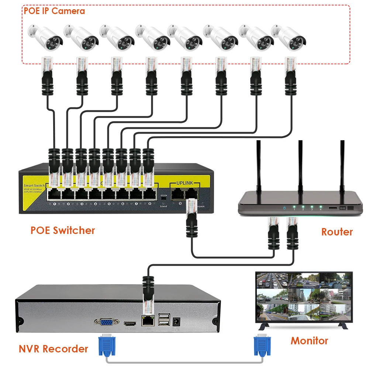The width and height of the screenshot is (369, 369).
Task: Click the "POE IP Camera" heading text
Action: (54, 11)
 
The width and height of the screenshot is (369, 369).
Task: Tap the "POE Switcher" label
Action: (62, 231)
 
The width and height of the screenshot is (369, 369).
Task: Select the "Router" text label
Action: (337, 232)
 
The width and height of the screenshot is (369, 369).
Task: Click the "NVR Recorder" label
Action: (53, 348)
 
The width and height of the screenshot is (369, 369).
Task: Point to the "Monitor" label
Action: (309, 340)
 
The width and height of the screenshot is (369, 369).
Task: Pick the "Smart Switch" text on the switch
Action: (34, 185)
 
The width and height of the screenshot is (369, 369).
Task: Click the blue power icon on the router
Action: (284, 208)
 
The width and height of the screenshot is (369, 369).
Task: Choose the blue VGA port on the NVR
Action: (107, 322)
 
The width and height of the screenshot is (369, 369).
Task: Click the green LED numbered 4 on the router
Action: (320, 207)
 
